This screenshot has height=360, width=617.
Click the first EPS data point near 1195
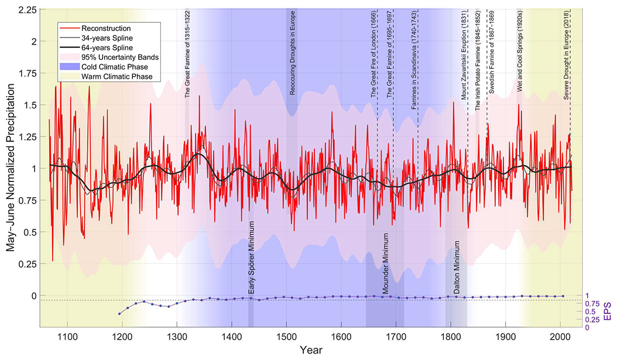pyautogui.click(x=120, y=314)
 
